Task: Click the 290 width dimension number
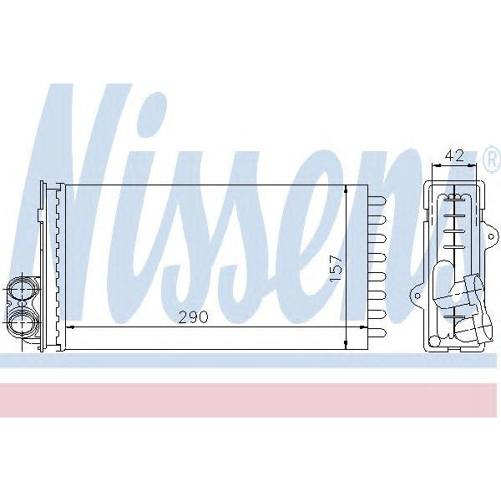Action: tap(194, 317)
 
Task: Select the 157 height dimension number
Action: tap(337, 268)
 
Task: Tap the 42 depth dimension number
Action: tap(454, 155)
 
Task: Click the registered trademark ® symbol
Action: tap(493, 159)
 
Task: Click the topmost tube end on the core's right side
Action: tap(377, 201)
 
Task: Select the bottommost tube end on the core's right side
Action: tap(377, 332)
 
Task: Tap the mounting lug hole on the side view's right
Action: tap(492, 237)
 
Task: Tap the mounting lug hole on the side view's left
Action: tap(417, 296)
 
